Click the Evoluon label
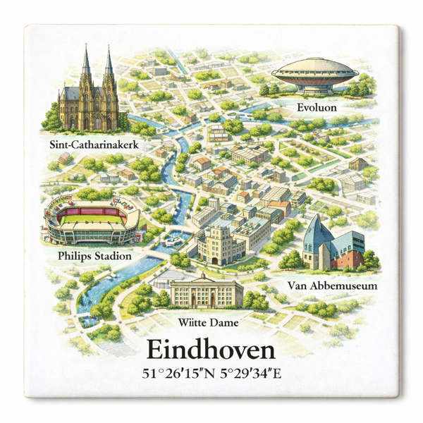point(317,108)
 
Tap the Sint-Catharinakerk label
point(93,145)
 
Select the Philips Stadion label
point(94,256)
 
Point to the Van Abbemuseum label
point(333,286)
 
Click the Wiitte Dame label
point(208,323)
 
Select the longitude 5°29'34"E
point(247,373)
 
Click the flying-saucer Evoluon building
point(314,75)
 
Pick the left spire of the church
point(86,63)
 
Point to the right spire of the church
point(109,63)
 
